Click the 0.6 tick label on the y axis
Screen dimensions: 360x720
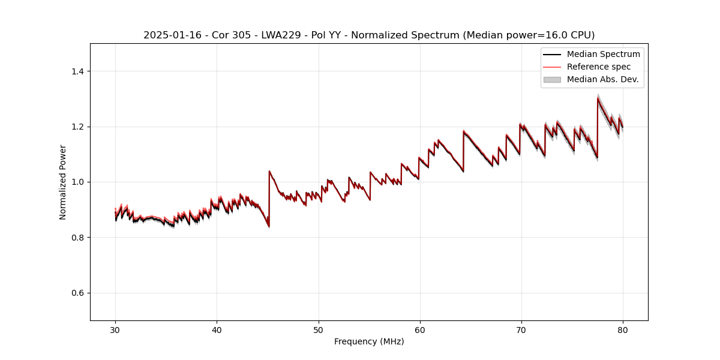pyautogui.click(x=77, y=293)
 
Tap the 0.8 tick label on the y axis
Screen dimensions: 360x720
pyautogui.click(x=77, y=238)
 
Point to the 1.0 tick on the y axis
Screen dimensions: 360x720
pyautogui.click(x=77, y=182)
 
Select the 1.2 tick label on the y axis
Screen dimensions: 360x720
pyautogui.click(x=77, y=127)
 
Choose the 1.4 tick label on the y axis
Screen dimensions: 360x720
pyautogui.click(x=77, y=71)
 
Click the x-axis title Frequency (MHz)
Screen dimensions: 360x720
pyautogui.click(x=369, y=341)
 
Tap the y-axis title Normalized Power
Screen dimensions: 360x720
pyautogui.click(x=63, y=182)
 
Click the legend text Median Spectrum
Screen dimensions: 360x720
pyautogui.click(x=603, y=54)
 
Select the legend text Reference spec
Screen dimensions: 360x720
pyautogui.click(x=599, y=67)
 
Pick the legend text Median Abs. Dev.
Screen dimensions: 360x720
pyautogui.click(x=602, y=79)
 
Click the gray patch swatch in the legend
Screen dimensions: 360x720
pyautogui.click(x=552, y=79)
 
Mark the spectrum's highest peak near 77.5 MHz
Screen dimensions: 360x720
pyautogui.click(x=598, y=98)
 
